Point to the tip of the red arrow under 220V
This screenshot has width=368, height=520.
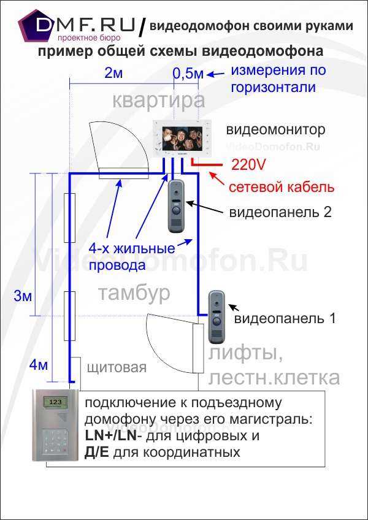coord(207,172)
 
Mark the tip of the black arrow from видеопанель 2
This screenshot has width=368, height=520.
coord(186,202)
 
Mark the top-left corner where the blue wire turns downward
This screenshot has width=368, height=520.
coord(70,174)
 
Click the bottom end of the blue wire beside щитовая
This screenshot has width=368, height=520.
coord(71,381)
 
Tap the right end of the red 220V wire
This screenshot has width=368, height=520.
coord(221,164)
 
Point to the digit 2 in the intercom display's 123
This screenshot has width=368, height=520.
coord(54,402)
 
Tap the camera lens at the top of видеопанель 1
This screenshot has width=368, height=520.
coord(217,303)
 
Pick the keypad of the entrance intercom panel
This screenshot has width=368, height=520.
coord(54,442)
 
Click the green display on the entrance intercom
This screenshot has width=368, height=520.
coord(54,402)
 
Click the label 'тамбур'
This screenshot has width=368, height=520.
coord(134,293)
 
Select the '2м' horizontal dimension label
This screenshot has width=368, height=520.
coord(113,74)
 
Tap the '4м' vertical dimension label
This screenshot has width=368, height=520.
coord(39,365)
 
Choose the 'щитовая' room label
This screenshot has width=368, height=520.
coord(117,368)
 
